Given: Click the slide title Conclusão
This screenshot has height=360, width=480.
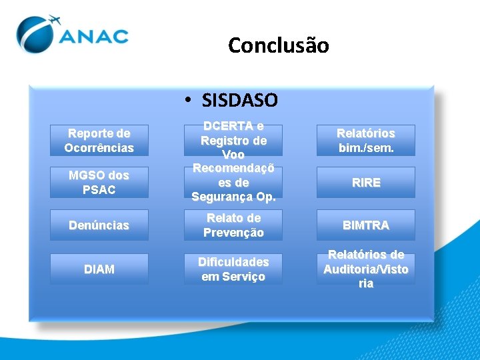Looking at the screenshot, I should pos(278,45).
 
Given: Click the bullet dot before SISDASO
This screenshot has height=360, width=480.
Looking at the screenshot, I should pos(190,101).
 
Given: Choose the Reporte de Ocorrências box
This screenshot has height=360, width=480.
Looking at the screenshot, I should pos(99,141).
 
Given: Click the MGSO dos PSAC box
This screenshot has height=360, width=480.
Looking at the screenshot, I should pos(99,183).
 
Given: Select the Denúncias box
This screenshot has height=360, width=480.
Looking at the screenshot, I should pos(99,225).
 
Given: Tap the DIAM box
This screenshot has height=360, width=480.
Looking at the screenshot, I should pos(99,269).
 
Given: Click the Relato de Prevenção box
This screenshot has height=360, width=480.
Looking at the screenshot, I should pos(233,225).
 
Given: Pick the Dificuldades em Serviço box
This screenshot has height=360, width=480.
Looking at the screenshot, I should pos(233,269).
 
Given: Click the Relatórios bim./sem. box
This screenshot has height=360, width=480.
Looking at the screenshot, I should pos(365,141).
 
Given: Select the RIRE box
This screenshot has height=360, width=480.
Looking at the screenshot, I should pos(365,183).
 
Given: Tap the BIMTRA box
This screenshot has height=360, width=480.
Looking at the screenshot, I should pos(365,225).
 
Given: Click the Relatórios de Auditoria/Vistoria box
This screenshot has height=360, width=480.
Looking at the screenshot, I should pos(365,269).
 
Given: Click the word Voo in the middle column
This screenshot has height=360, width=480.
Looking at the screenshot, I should pos(233,155).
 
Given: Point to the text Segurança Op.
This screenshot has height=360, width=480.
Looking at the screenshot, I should pos(233,197).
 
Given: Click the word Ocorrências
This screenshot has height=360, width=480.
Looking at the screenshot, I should pos(99,147).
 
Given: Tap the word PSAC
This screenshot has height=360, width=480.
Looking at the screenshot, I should pos(99,190).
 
